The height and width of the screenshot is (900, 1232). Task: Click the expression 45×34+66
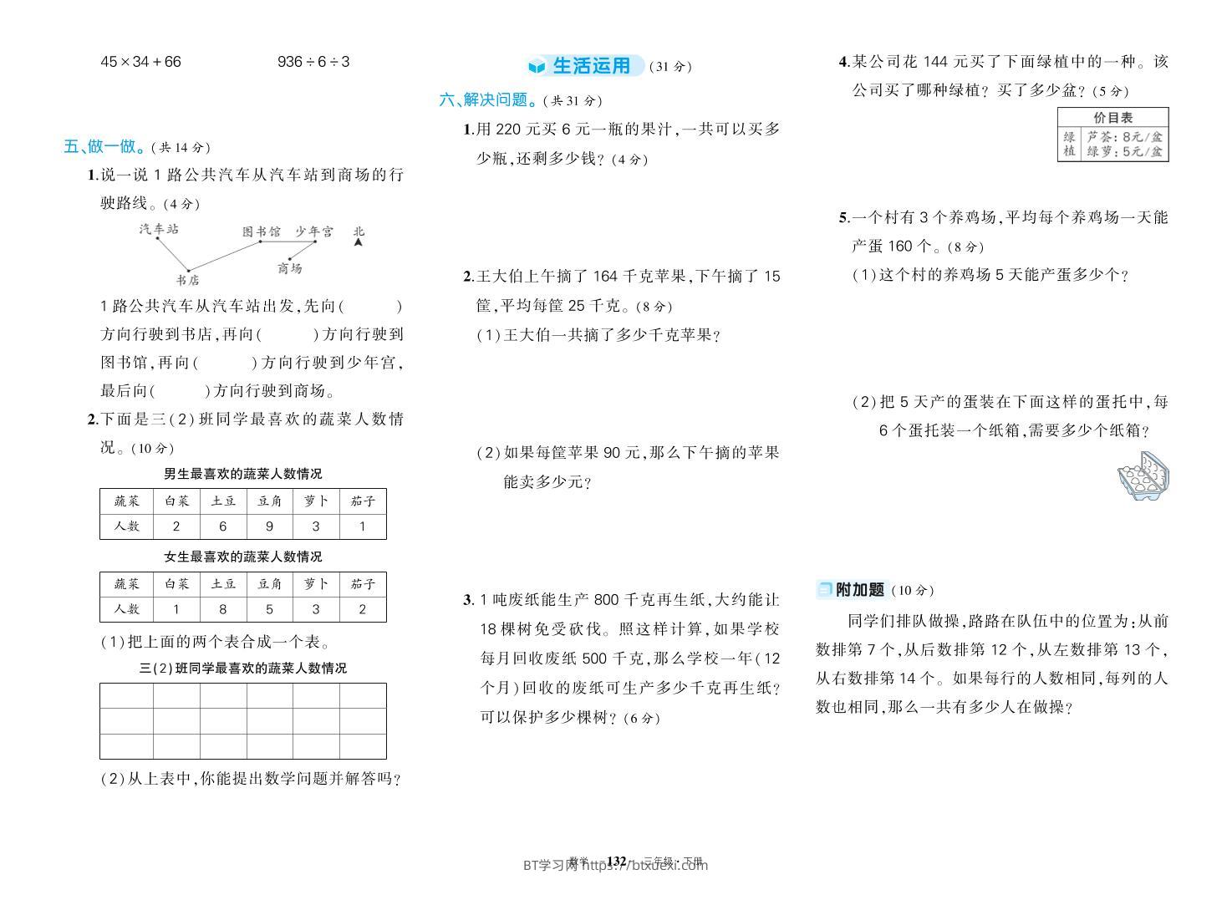tap(140, 62)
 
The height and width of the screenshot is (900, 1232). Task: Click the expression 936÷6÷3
tap(313, 62)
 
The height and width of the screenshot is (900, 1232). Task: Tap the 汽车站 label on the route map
tap(159, 228)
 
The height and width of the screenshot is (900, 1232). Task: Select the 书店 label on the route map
tap(188, 280)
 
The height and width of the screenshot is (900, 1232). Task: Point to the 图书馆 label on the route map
tap(261, 231)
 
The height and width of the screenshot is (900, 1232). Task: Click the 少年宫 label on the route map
tap(313, 231)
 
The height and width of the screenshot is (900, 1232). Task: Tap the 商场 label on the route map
tap(289, 268)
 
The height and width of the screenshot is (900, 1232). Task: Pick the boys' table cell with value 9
tap(269, 526)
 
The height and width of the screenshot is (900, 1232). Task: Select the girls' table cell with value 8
tap(222, 609)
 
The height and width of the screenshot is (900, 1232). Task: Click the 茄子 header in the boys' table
tap(363, 501)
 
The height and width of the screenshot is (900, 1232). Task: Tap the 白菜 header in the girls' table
tap(176, 584)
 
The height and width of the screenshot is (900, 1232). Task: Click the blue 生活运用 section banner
tap(590, 66)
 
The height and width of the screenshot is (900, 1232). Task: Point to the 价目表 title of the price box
tap(1112, 118)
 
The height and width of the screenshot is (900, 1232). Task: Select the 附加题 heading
tap(859, 590)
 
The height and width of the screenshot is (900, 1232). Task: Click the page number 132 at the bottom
tap(616, 861)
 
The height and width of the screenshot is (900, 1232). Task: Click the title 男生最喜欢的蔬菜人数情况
tap(242, 474)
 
